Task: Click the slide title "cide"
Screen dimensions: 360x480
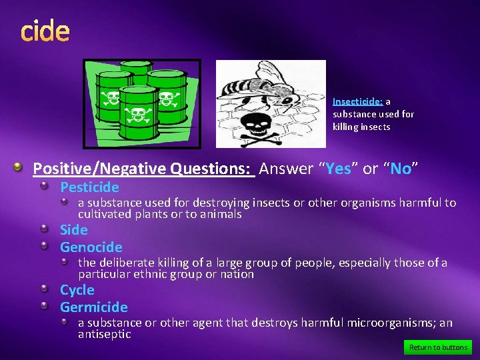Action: (x=45, y=31)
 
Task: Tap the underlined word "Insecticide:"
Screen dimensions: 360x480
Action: (x=357, y=102)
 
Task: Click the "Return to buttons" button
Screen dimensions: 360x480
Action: (x=438, y=347)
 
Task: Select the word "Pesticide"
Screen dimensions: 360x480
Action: (x=89, y=187)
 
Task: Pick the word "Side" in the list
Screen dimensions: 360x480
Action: (x=74, y=230)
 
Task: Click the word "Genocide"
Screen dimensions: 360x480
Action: (x=91, y=247)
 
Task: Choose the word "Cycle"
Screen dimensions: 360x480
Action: (x=77, y=290)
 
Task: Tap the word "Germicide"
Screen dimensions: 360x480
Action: (x=94, y=307)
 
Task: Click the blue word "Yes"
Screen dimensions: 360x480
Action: (x=338, y=169)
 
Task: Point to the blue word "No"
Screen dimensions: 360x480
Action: (x=401, y=169)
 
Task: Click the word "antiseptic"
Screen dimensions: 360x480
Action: (x=105, y=334)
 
